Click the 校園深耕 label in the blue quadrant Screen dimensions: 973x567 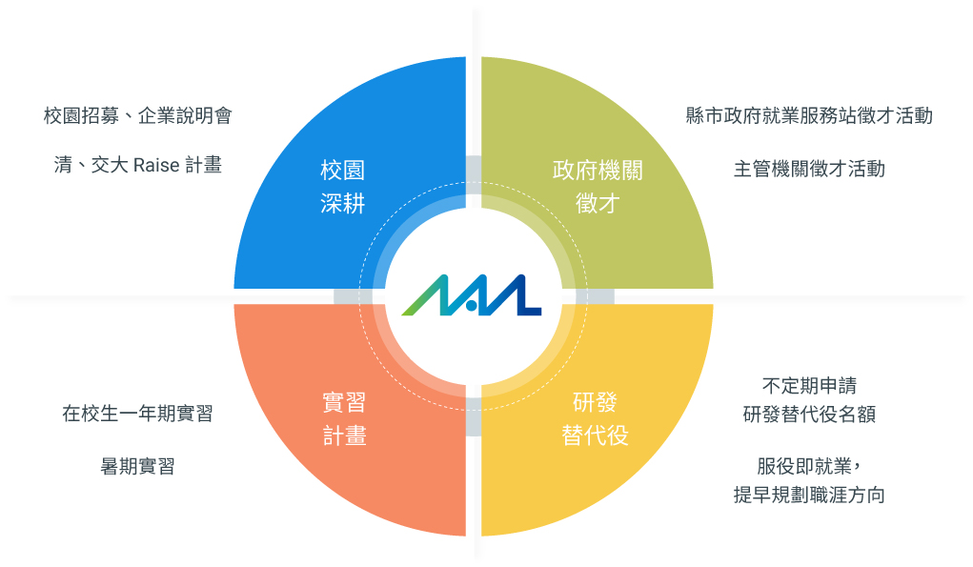[342, 187]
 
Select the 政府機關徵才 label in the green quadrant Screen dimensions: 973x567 [598, 187]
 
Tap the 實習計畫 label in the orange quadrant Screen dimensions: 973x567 [344, 419]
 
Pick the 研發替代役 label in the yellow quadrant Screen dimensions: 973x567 [595, 419]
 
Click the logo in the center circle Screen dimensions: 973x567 [472, 295]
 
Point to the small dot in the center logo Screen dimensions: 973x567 [471, 305]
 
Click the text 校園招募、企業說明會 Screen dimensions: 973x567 [138, 115]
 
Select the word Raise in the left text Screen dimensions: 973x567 [156, 165]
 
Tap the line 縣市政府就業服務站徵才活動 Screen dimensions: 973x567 [809, 115]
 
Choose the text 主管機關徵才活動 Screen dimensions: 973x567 [809, 169]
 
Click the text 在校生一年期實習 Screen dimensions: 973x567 [138, 414]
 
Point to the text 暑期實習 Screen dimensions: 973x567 [138, 466]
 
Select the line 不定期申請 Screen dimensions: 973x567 [809, 386]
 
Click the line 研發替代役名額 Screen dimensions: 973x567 [809, 414]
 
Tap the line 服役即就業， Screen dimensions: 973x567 [809, 466]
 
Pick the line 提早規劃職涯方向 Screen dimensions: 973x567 [809, 495]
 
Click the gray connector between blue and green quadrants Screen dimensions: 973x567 [474, 175]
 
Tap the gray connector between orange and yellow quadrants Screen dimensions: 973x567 [474, 416]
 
